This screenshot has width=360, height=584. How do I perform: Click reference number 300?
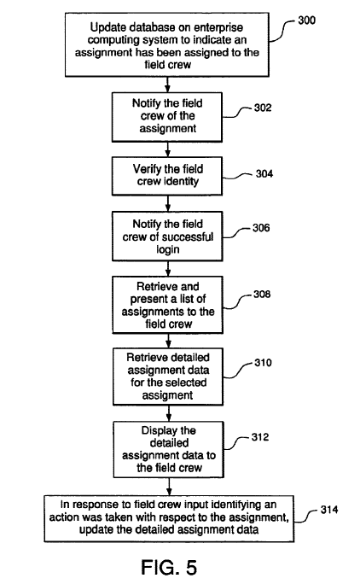(x=306, y=20)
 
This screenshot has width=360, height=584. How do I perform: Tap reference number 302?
(x=263, y=108)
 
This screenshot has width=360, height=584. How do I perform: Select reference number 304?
(x=264, y=173)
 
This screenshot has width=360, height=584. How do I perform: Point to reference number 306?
(x=261, y=228)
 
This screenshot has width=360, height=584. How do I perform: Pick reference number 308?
(x=262, y=295)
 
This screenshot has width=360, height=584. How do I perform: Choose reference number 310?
(x=263, y=362)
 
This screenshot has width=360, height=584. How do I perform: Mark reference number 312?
(x=260, y=436)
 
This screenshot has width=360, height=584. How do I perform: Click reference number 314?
(x=329, y=509)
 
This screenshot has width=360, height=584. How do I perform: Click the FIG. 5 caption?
(x=169, y=567)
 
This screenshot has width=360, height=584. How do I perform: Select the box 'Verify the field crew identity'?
(x=167, y=176)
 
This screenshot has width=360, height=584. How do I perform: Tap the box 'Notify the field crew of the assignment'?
(x=167, y=117)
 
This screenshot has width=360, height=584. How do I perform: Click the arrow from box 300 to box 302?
(x=167, y=85)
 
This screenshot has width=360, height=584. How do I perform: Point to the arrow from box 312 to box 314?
(x=169, y=487)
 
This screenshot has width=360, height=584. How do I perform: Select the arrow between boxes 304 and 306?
(x=168, y=203)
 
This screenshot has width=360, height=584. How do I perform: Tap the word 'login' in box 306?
(x=168, y=249)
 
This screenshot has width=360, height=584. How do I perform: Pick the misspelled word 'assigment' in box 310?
(x=167, y=395)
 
